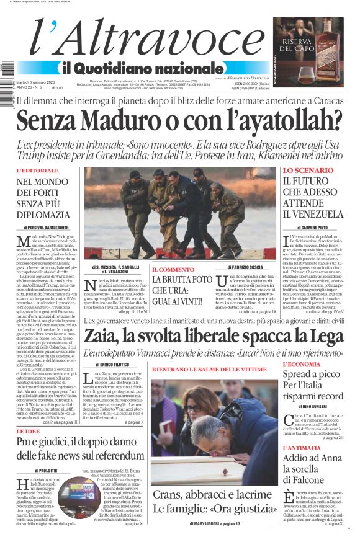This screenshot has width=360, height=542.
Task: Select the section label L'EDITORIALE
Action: tap(38, 171)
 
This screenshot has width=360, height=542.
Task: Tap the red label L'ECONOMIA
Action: tap(304, 365)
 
